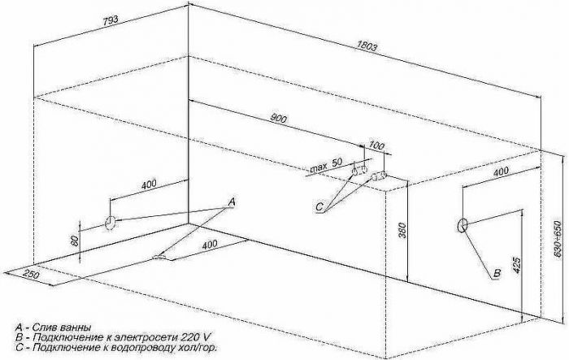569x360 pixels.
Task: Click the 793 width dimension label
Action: click(x=110, y=20)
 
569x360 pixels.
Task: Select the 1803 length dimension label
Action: click(x=367, y=46)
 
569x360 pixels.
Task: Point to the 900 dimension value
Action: click(x=279, y=119)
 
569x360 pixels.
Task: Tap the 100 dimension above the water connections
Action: click(x=376, y=145)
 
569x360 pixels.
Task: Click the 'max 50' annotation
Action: click(x=326, y=165)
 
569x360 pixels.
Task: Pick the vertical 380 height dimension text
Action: click(x=402, y=230)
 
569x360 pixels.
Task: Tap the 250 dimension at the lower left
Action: click(x=31, y=273)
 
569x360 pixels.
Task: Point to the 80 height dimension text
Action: click(x=75, y=241)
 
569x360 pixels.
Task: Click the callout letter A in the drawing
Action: click(x=232, y=202)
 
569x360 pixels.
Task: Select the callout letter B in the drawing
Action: click(x=497, y=273)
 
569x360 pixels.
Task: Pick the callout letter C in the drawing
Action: click(x=319, y=207)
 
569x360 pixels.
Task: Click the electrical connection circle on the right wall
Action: click(x=463, y=225)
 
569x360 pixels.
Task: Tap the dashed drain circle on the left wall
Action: click(x=110, y=223)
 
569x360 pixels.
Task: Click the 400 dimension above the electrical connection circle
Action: click(x=502, y=171)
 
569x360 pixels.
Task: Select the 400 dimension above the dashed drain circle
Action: click(x=149, y=184)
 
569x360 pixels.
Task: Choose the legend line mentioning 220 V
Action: click(x=113, y=337)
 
